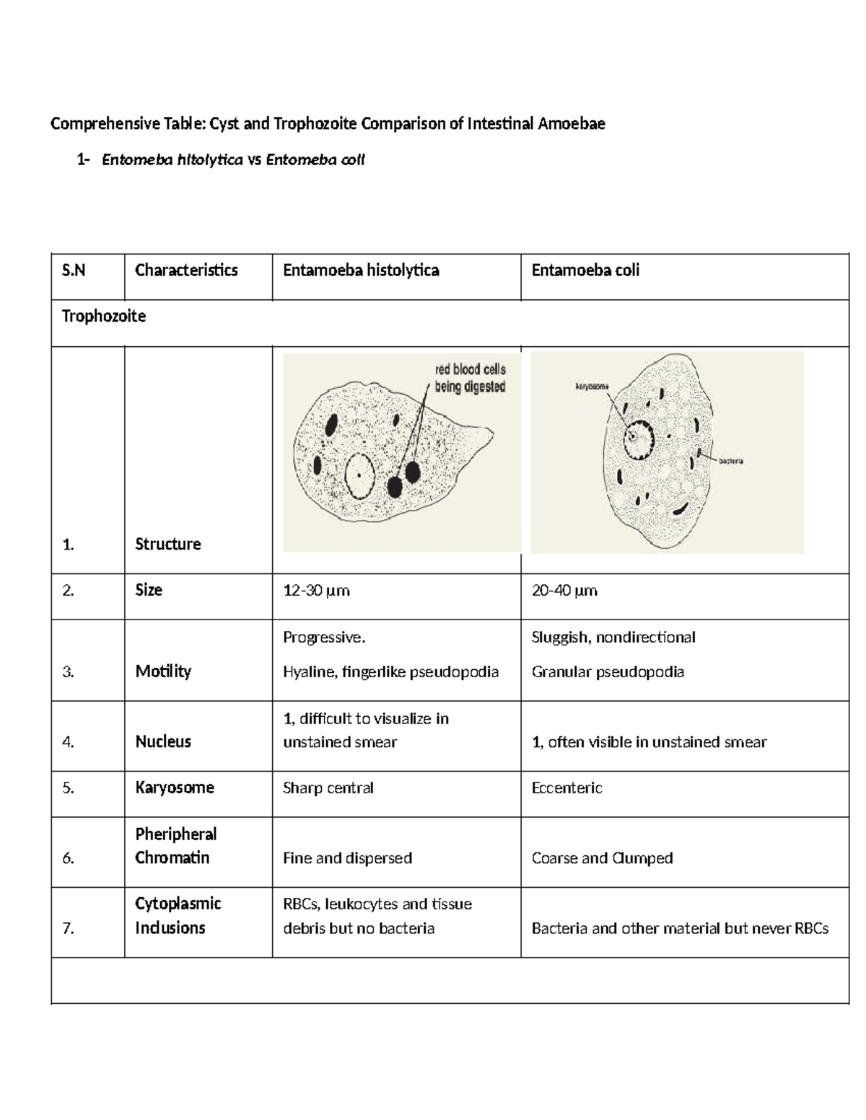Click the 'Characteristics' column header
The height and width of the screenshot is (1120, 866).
click(x=186, y=270)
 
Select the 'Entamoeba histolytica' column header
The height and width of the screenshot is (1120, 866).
click(x=361, y=270)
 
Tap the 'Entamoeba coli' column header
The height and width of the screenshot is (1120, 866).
click(x=585, y=270)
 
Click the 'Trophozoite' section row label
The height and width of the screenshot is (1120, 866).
click(x=104, y=317)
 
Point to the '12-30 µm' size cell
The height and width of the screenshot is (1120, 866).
click(x=316, y=591)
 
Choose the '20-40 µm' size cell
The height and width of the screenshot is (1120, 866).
click(x=564, y=591)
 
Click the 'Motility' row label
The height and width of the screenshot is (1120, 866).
click(x=163, y=671)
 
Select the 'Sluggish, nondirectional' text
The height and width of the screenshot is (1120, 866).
click(x=613, y=638)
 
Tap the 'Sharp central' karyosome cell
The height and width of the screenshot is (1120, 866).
click(x=328, y=788)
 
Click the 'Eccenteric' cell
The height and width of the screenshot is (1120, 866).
click(x=567, y=788)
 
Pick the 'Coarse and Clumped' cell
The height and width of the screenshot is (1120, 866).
click(x=602, y=858)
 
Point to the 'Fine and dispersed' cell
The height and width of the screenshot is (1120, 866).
click(x=347, y=858)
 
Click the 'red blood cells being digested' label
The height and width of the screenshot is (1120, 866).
click(x=470, y=378)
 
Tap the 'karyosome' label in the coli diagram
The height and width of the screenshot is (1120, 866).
click(x=592, y=387)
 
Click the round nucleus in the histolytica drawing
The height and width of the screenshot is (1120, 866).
click(x=359, y=476)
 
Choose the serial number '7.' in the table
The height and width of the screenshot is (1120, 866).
click(x=69, y=928)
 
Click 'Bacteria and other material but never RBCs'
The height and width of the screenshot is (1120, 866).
click(x=680, y=928)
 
